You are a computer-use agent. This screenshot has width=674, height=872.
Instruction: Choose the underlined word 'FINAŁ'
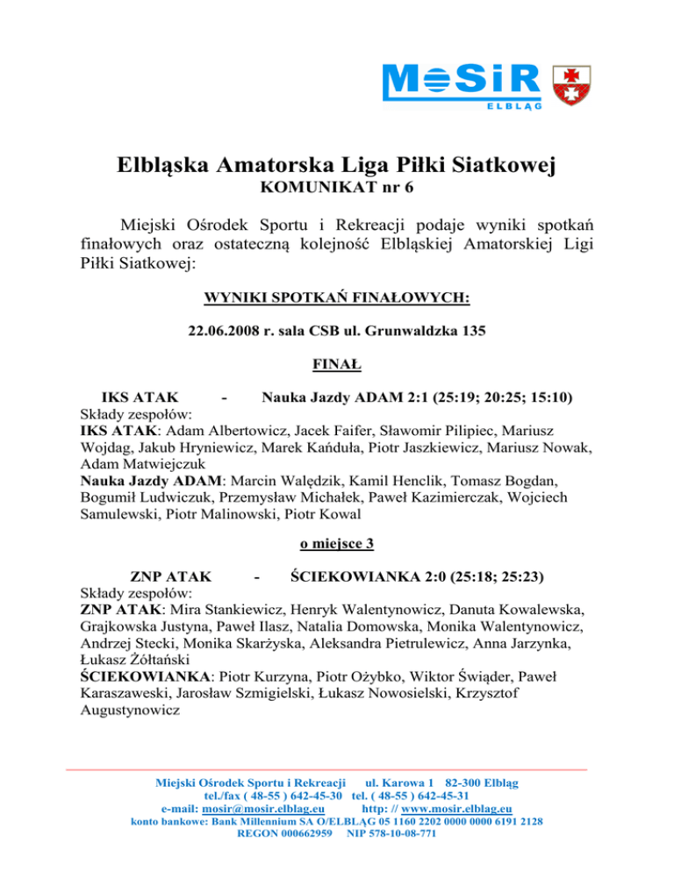point(337,362)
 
